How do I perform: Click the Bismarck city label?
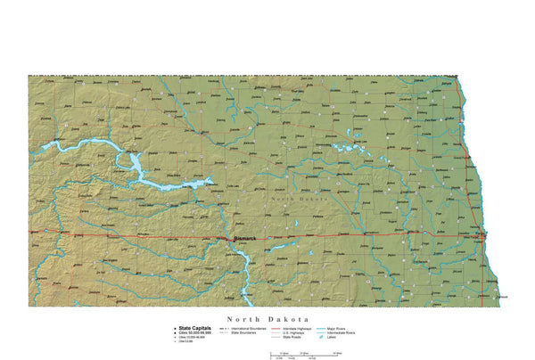243,239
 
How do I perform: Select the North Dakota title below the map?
267,318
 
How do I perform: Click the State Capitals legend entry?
193,327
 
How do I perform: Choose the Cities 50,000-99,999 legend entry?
194,332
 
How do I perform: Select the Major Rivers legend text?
342,328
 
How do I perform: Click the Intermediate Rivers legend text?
345,332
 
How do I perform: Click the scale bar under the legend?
303,354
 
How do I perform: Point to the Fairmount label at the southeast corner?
500,297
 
